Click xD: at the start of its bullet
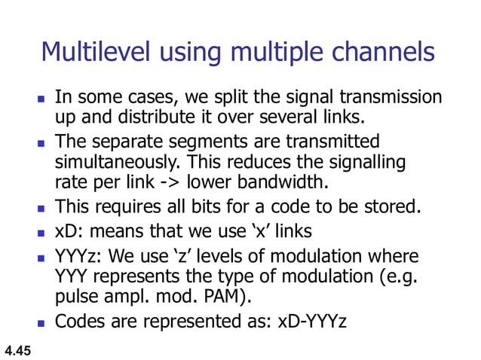tap(69, 230)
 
